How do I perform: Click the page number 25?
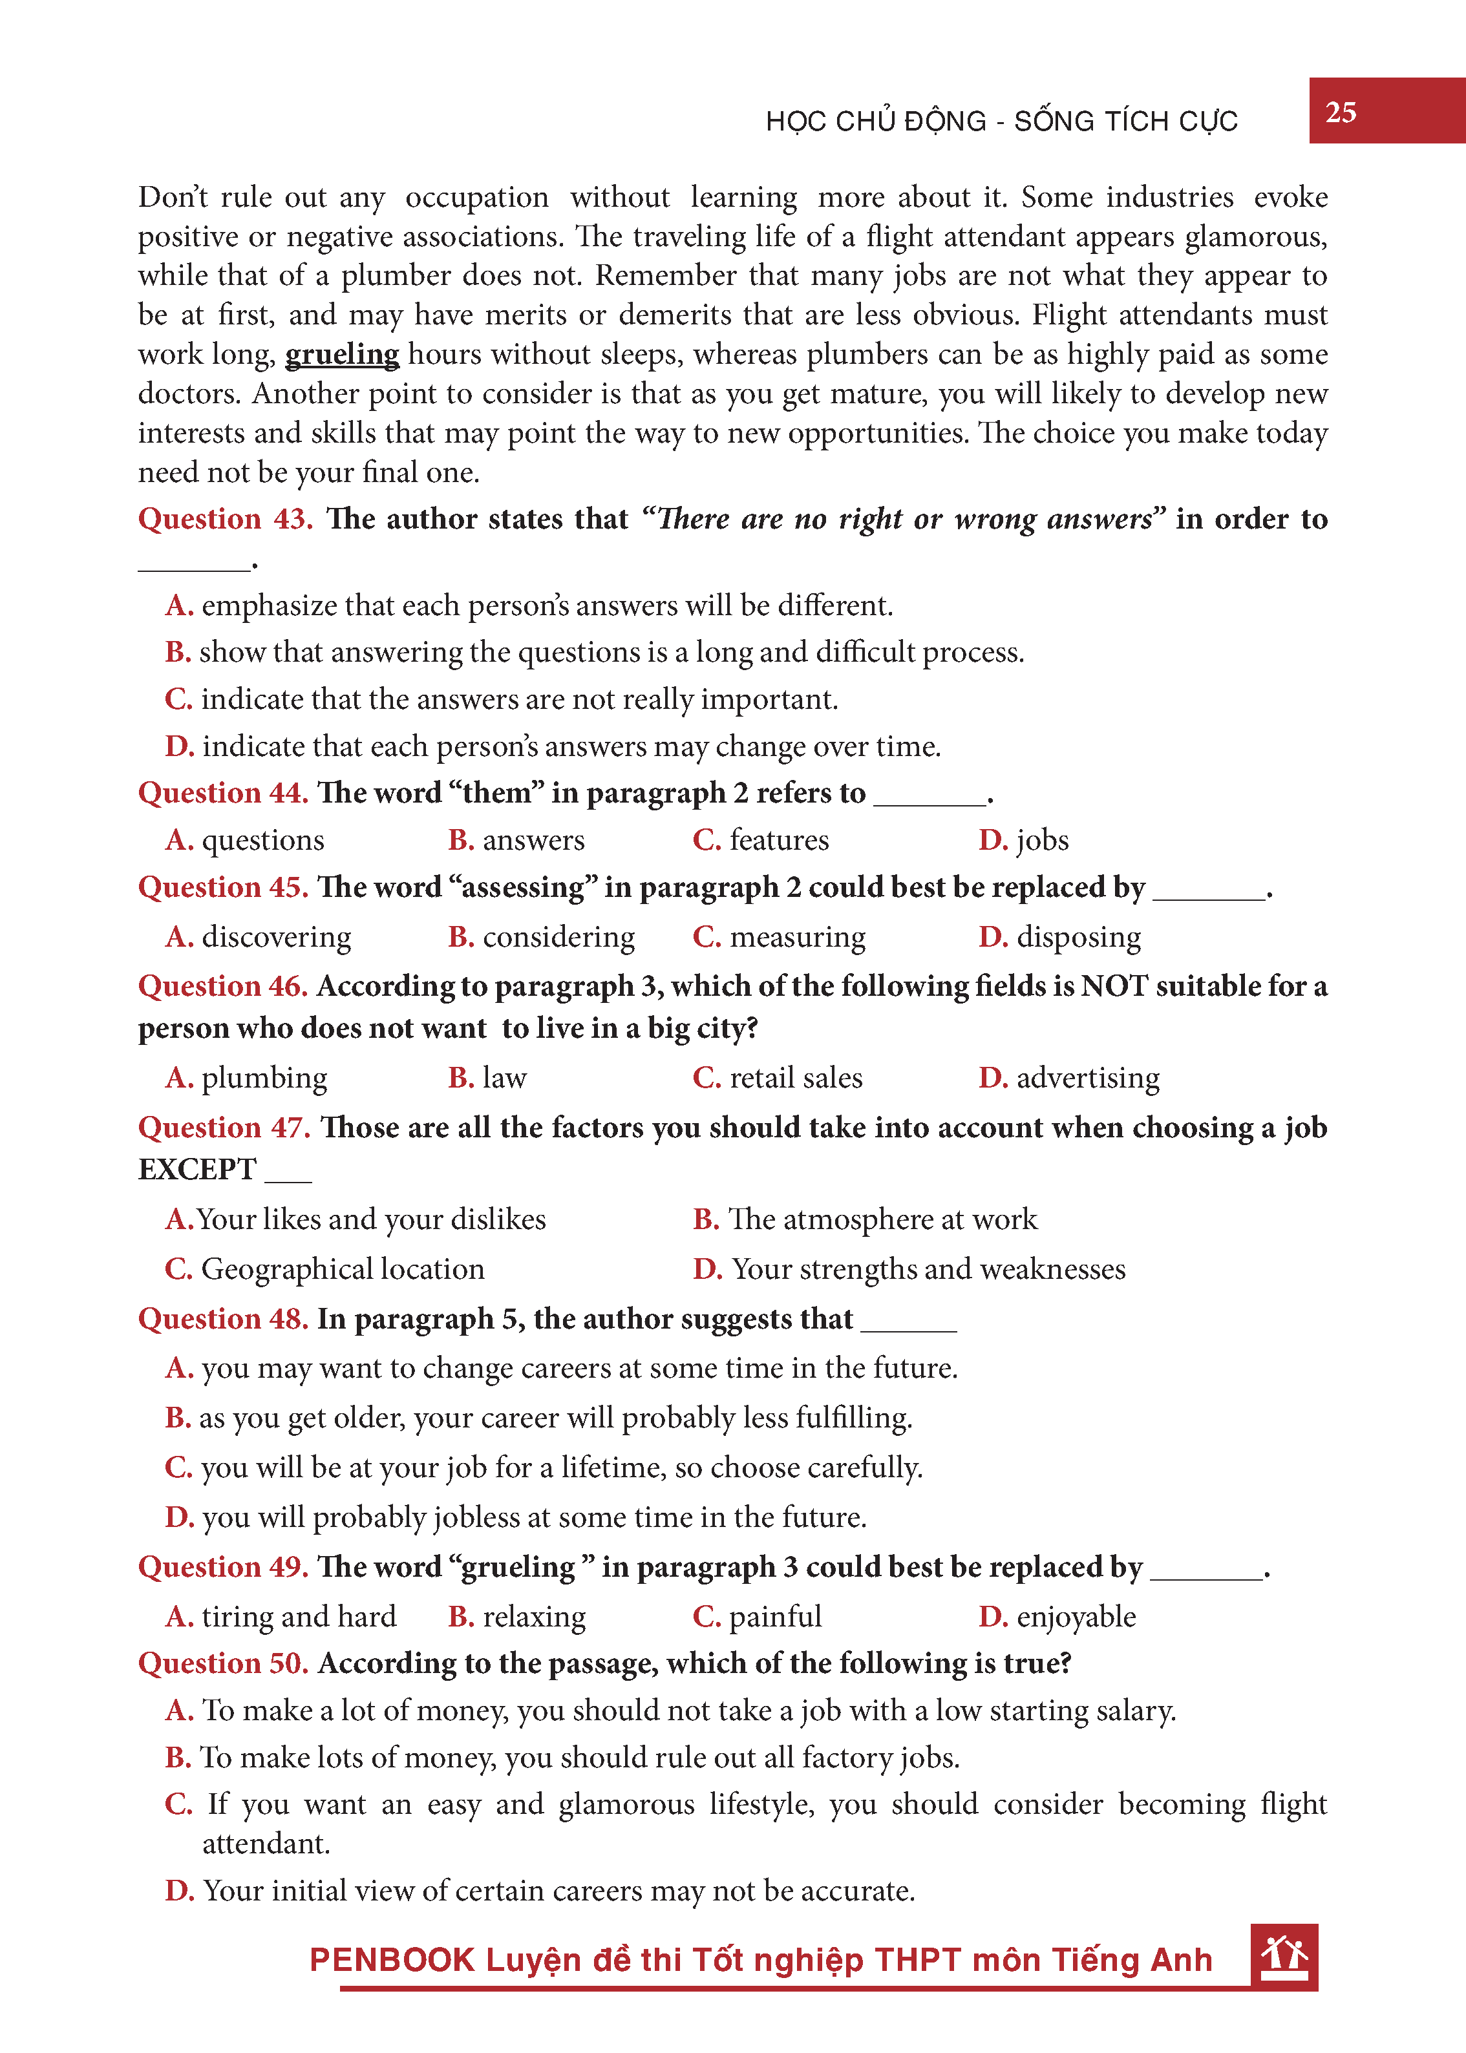click(1341, 112)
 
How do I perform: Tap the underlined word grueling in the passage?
click(342, 353)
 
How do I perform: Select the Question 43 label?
click(225, 519)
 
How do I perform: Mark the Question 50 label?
click(223, 1663)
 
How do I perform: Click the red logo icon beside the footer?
click(1284, 1957)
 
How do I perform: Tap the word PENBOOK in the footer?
click(392, 1960)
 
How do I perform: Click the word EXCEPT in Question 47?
click(197, 1170)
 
